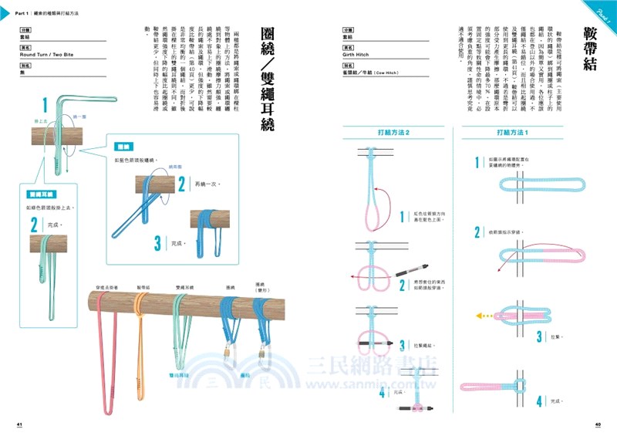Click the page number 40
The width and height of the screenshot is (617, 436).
pos(597,424)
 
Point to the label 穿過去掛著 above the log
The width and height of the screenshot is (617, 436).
pos(106,286)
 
